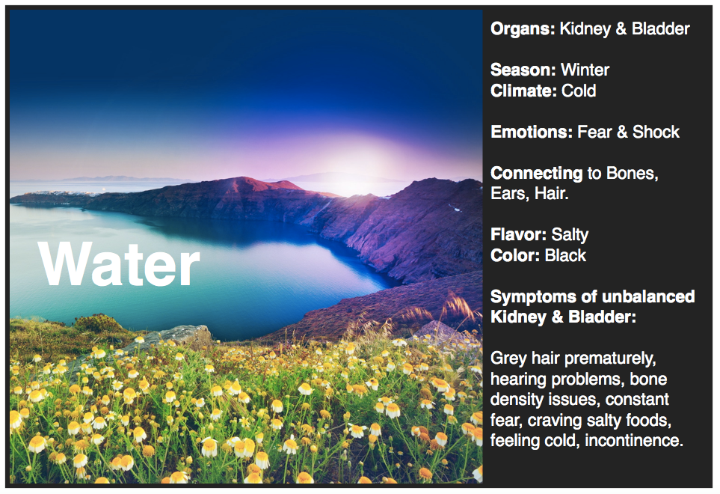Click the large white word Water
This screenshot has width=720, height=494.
(x=119, y=264)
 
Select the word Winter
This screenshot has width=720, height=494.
(x=585, y=70)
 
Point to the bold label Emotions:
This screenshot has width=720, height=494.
(x=532, y=132)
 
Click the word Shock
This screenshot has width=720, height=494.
(x=656, y=132)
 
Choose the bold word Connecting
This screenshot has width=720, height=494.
(x=536, y=174)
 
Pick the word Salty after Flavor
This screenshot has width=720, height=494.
(x=570, y=235)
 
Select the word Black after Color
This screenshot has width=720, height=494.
(x=565, y=256)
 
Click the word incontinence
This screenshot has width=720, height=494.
(x=634, y=441)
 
